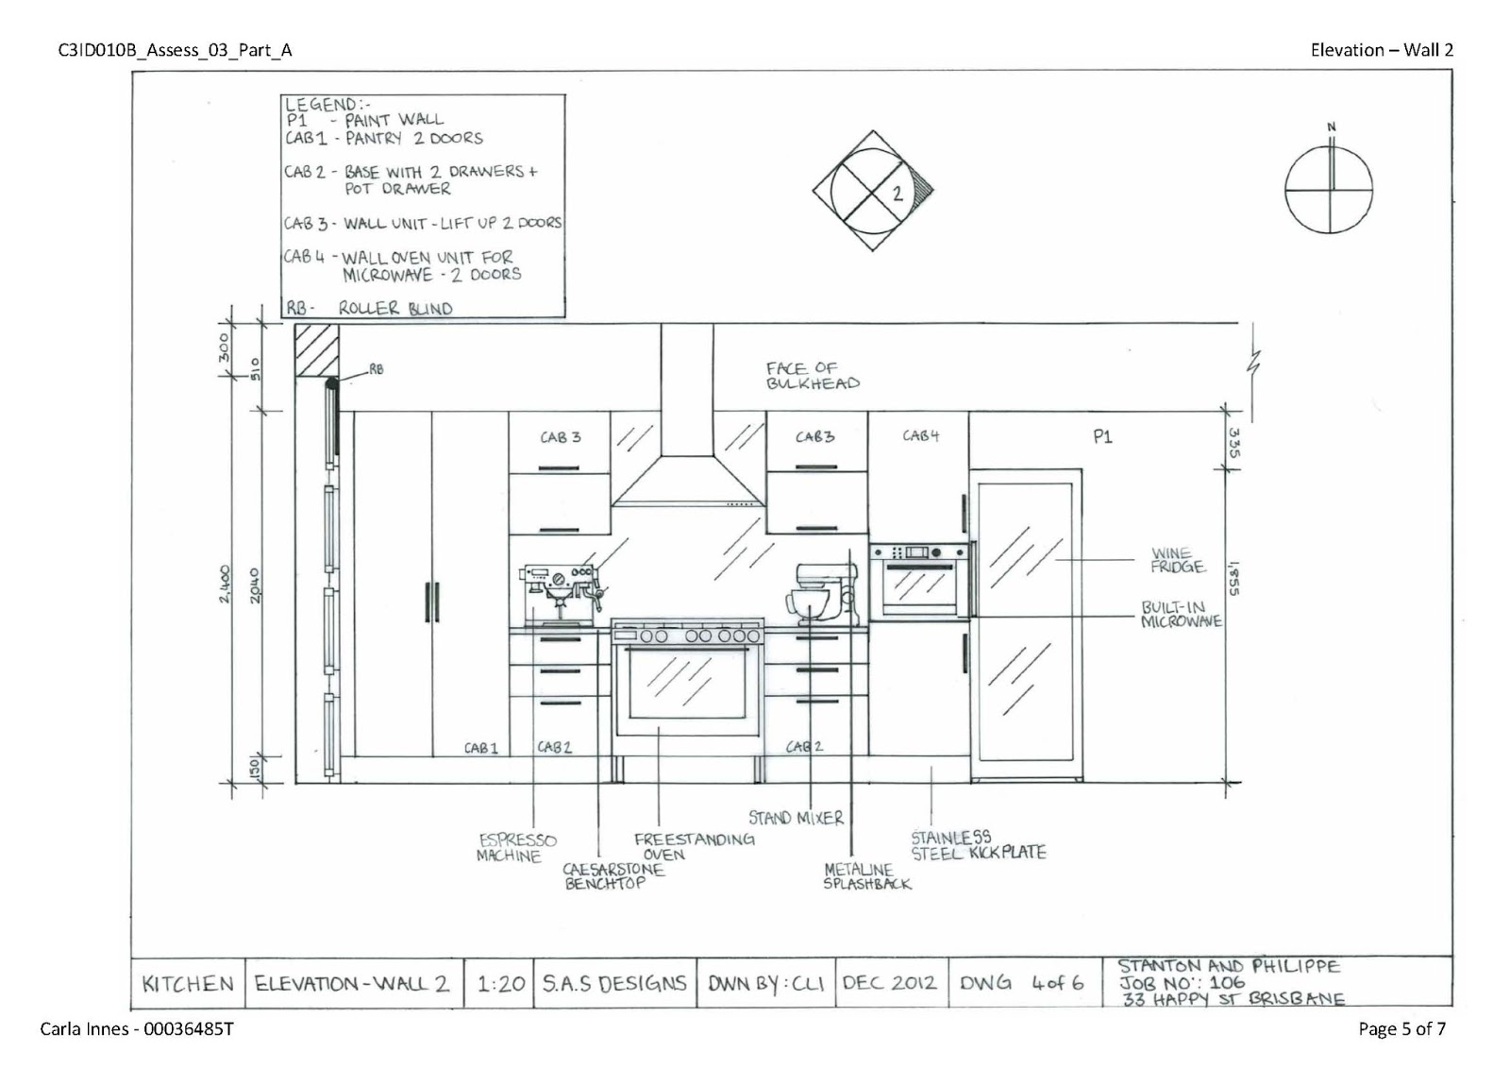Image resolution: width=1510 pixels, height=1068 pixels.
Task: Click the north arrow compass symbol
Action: coord(1330,188)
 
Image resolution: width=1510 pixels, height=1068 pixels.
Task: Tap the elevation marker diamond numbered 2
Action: coord(872,192)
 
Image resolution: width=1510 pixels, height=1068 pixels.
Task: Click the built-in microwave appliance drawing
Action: coord(919,580)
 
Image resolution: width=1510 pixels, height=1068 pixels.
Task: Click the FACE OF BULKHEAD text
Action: coord(813,376)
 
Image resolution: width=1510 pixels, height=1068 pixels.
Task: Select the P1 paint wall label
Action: coord(1101,436)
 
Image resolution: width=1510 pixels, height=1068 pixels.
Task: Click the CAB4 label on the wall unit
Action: coord(920,435)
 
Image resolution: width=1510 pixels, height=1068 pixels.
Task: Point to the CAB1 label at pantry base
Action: coord(480,748)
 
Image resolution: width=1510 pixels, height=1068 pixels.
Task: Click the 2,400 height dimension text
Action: coord(225,585)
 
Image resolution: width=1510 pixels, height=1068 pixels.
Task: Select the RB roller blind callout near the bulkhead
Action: coord(376,370)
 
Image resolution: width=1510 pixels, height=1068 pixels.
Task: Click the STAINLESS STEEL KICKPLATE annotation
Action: coord(977,845)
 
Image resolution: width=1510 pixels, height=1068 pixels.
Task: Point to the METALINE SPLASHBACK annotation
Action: coord(866,876)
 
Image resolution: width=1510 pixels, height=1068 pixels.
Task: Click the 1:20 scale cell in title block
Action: coord(501,983)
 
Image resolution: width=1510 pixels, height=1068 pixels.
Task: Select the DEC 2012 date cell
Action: coord(889,982)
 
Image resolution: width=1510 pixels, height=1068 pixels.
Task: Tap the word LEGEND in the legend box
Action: coord(321,104)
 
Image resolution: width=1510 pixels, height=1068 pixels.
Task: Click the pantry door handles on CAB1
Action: coord(432,602)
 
